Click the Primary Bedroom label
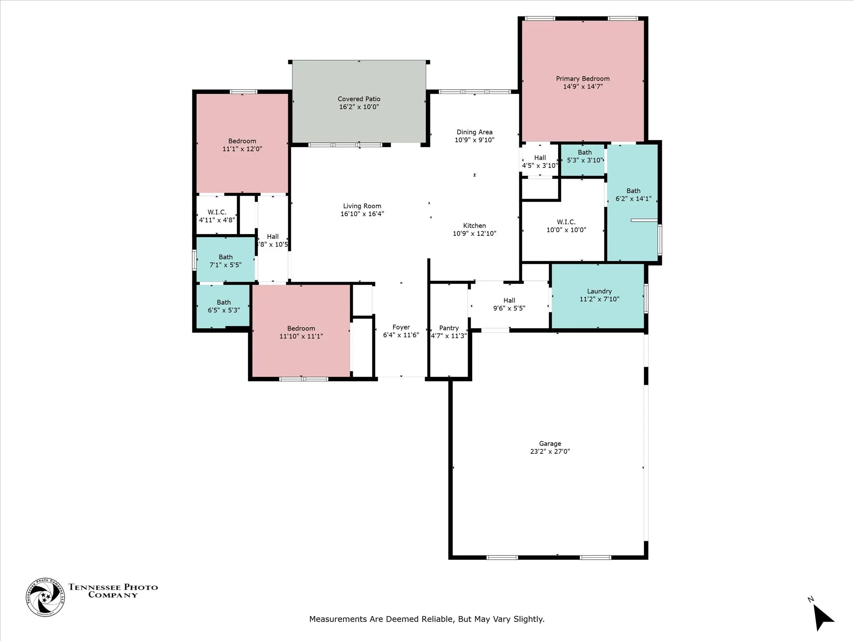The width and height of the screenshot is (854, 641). pyautogui.click(x=582, y=79)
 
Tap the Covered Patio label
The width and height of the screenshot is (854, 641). pyautogui.click(x=359, y=99)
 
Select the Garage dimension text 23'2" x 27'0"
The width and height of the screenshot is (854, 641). pyautogui.click(x=550, y=451)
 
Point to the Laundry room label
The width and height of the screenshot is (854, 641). pyautogui.click(x=599, y=291)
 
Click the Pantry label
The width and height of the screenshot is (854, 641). pyautogui.click(x=449, y=328)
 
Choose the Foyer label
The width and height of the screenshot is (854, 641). pyautogui.click(x=401, y=327)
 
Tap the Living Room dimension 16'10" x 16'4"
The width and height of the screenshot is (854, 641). pyautogui.click(x=362, y=214)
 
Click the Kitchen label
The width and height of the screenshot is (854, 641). pyautogui.click(x=474, y=226)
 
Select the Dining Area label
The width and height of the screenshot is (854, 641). pyautogui.click(x=474, y=132)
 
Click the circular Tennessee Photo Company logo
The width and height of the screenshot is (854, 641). pyautogui.click(x=45, y=597)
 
